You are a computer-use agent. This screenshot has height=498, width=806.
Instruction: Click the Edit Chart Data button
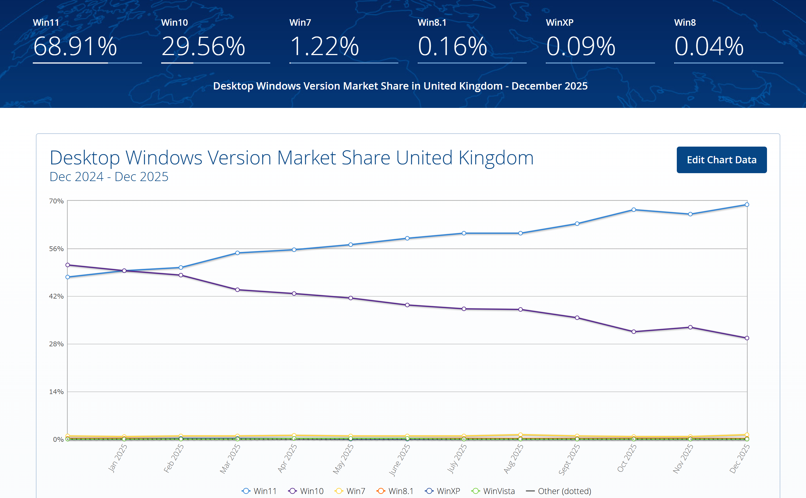(x=721, y=160)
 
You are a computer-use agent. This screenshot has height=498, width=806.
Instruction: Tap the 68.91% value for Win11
(x=75, y=46)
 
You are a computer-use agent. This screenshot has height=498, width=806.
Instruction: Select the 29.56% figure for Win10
(x=203, y=46)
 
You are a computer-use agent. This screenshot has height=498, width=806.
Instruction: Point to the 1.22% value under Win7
(x=324, y=46)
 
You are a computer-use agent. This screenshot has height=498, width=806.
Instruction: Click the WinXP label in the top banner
(x=559, y=22)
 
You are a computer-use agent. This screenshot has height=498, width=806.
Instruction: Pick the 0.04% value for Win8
(x=709, y=46)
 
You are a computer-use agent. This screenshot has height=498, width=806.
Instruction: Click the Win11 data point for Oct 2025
(x=634, y=210)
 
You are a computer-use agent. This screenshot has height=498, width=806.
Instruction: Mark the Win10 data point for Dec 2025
(x=747, y=338)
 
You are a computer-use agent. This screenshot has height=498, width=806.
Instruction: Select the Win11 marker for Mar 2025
(x=237, y=253)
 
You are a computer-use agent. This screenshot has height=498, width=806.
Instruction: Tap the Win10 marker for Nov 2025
(x=690, y=327)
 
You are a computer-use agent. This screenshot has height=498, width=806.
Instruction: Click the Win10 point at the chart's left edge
(x=68, y=265)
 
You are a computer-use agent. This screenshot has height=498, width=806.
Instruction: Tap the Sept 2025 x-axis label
(x=569, y=459)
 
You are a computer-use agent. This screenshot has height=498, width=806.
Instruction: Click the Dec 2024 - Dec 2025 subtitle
(x=109, y=177)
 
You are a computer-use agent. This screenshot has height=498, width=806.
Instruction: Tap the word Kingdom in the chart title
(x=496, y=158)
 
